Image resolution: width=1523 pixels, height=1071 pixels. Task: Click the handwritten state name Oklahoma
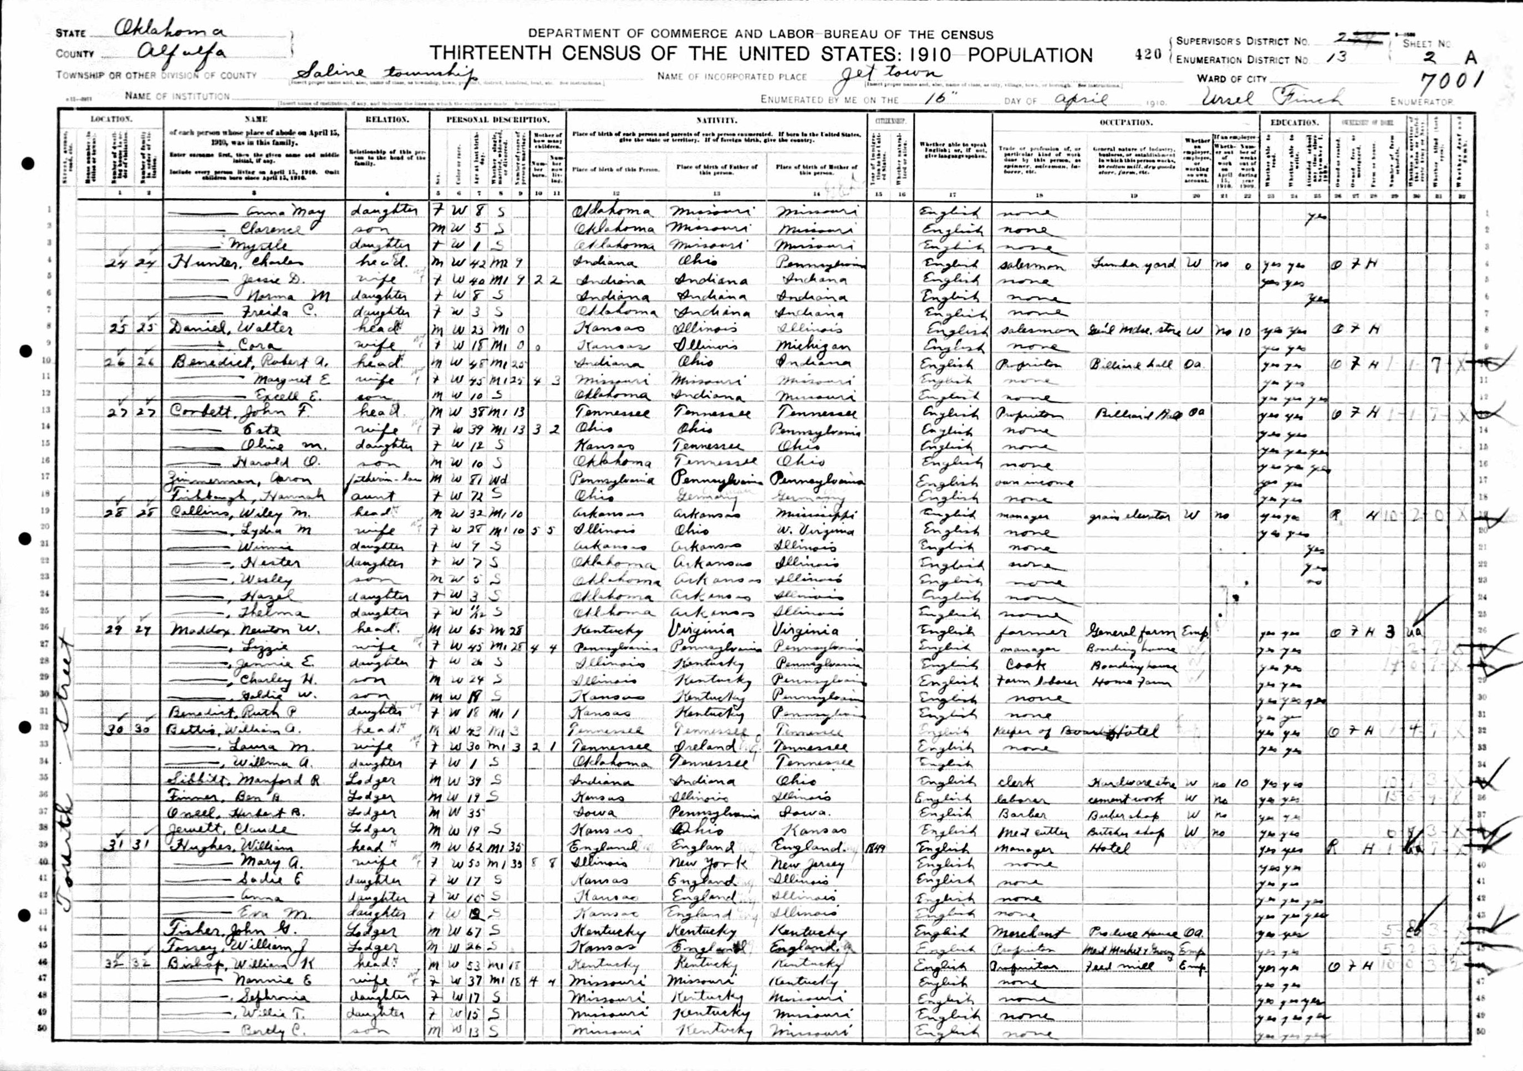tap(170, 29)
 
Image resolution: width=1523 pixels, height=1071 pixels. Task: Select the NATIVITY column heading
tap(716, 120)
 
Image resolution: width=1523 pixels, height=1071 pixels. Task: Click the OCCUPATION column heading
tap(1125, 123)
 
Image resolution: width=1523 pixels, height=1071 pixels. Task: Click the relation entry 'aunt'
tap(376, 496)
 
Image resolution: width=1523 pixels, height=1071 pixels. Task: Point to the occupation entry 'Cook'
tap(1026, 664)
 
